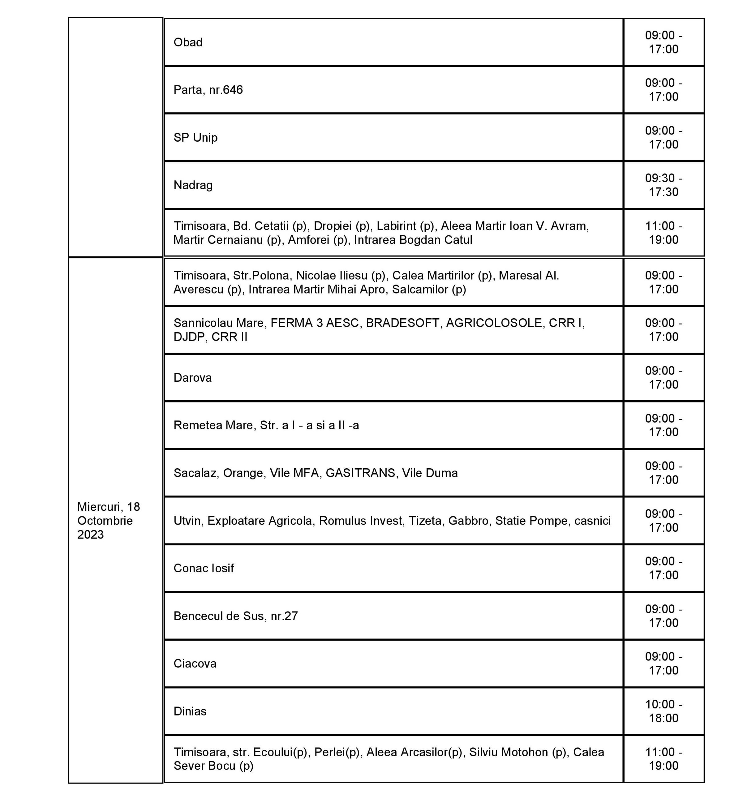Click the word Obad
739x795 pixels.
click(188, 42)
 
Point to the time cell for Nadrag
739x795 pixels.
click(663, 185)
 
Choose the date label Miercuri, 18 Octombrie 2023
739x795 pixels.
click(108, 520)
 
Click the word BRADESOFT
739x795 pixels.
click(402, 323)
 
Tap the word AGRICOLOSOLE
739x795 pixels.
click(494, 323)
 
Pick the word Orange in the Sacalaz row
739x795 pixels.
click(244, 473)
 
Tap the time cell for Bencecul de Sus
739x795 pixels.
click(663, 616)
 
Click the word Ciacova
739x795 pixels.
click(195, 664)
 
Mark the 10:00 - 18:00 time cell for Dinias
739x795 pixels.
click(663, 711)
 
